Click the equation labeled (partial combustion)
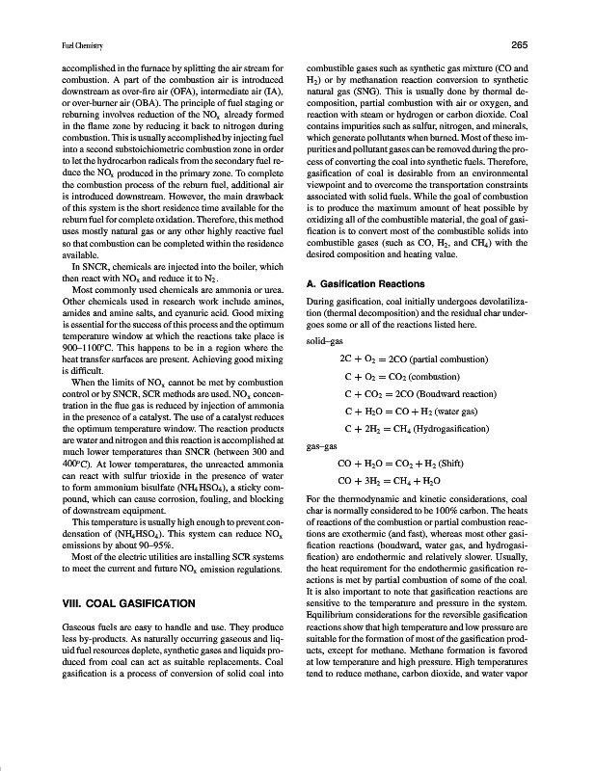pyautogui.click(x=407, y=359)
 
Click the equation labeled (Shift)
pyautogui.click(x=403, y=464)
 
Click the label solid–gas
pyautogui.click(x=323, y=342)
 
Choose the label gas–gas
pyautogui.click(x=321, y=447)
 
